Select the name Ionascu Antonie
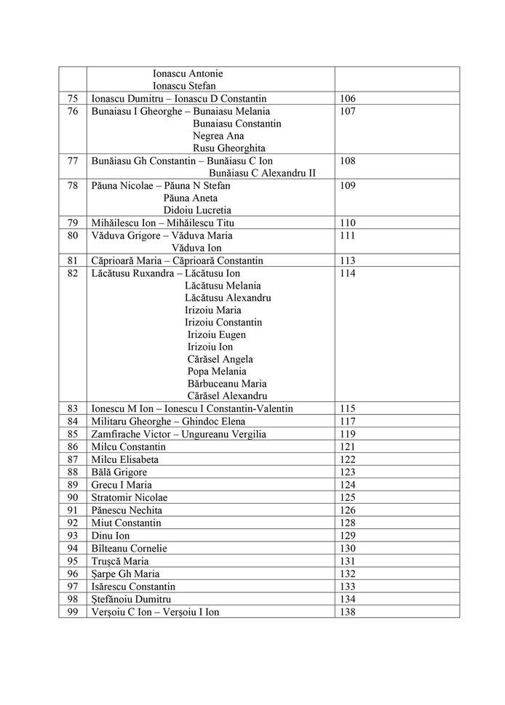188,73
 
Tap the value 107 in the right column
347,111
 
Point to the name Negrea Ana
218,136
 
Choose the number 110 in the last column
347,222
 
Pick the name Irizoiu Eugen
217,335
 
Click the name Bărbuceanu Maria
227,384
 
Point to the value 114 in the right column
347,273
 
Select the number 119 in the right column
347,434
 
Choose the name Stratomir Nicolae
130,498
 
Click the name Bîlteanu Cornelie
130,548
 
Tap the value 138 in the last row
347,612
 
